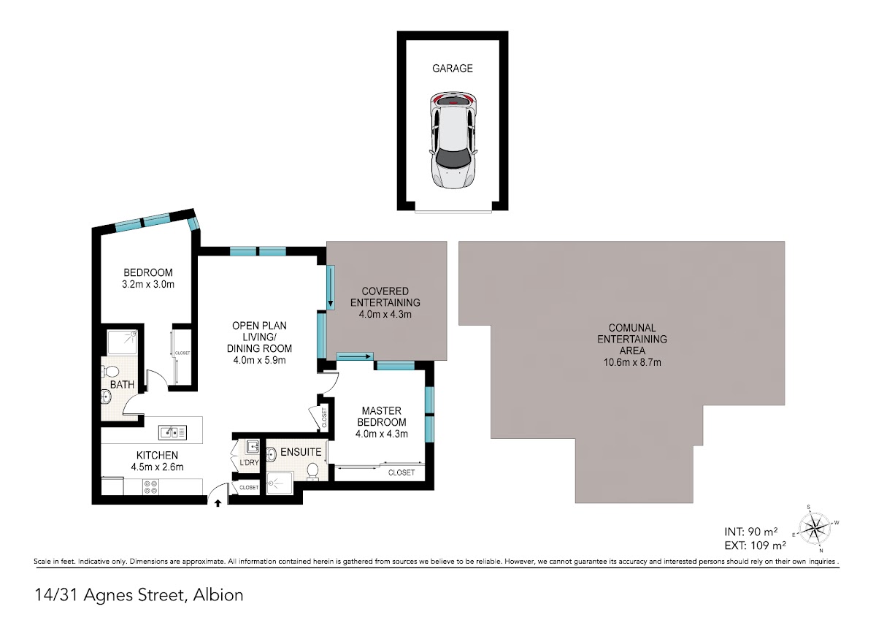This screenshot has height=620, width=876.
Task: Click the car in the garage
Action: click(453, 140)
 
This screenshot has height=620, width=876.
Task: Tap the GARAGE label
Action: click(453, 69)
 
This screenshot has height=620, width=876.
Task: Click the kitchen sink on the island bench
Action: click(172, 432)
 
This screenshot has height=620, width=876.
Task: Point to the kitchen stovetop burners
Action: click(150, 487)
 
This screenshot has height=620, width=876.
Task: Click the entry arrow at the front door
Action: click(218, 503)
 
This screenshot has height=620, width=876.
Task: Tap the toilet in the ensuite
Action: click(312, 470)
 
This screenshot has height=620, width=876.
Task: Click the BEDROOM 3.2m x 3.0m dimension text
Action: click(148, 284)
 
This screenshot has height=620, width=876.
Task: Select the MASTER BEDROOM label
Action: click(382, 416)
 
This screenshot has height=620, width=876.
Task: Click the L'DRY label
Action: click(249, 462)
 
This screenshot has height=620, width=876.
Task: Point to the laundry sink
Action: click(253, 446)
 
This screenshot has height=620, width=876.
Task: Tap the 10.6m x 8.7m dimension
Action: click(632, 362)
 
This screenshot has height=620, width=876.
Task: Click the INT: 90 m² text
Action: click(751, 532)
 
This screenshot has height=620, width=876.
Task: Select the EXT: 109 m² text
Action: click(755, 546)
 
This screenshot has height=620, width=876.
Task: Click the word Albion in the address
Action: click(218, 595)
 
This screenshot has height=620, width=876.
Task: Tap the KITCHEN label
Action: click(157, 455)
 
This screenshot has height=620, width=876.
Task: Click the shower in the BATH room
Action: click(123, 342)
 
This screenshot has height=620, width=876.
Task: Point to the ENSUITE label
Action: click(301, 452)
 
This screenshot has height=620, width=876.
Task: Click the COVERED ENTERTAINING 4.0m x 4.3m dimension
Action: click(385, 314)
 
